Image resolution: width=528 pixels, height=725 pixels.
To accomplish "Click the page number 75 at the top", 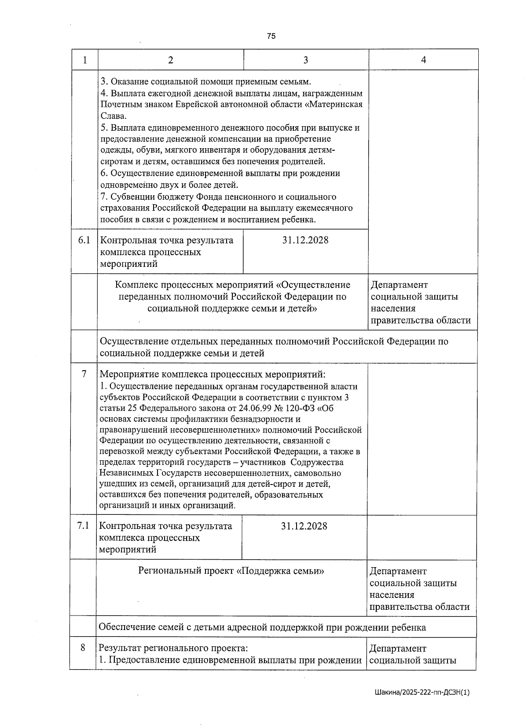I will (271, 36).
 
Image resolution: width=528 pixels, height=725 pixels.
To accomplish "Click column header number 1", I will (84, 60).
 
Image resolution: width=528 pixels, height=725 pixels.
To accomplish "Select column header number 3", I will (306, 60).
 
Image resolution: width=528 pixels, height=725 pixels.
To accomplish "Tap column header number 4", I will (423, 60).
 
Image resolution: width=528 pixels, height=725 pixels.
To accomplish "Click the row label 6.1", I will (84, 240).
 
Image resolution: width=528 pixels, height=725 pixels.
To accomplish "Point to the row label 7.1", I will (83, 526).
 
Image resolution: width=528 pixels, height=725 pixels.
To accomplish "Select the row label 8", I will (83, 648).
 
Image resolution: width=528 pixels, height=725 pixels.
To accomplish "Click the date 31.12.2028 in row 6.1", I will (305, 240).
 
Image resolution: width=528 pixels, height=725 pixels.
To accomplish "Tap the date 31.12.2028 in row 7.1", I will (304, 526).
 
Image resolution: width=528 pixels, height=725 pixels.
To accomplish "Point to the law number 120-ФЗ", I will (303, 408).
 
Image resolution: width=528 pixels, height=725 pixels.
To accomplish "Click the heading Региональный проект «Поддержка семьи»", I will (231, 571).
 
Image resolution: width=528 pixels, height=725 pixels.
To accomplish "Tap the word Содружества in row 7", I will (317, 463).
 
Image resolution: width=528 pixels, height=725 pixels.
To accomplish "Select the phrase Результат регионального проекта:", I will (173, 648).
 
